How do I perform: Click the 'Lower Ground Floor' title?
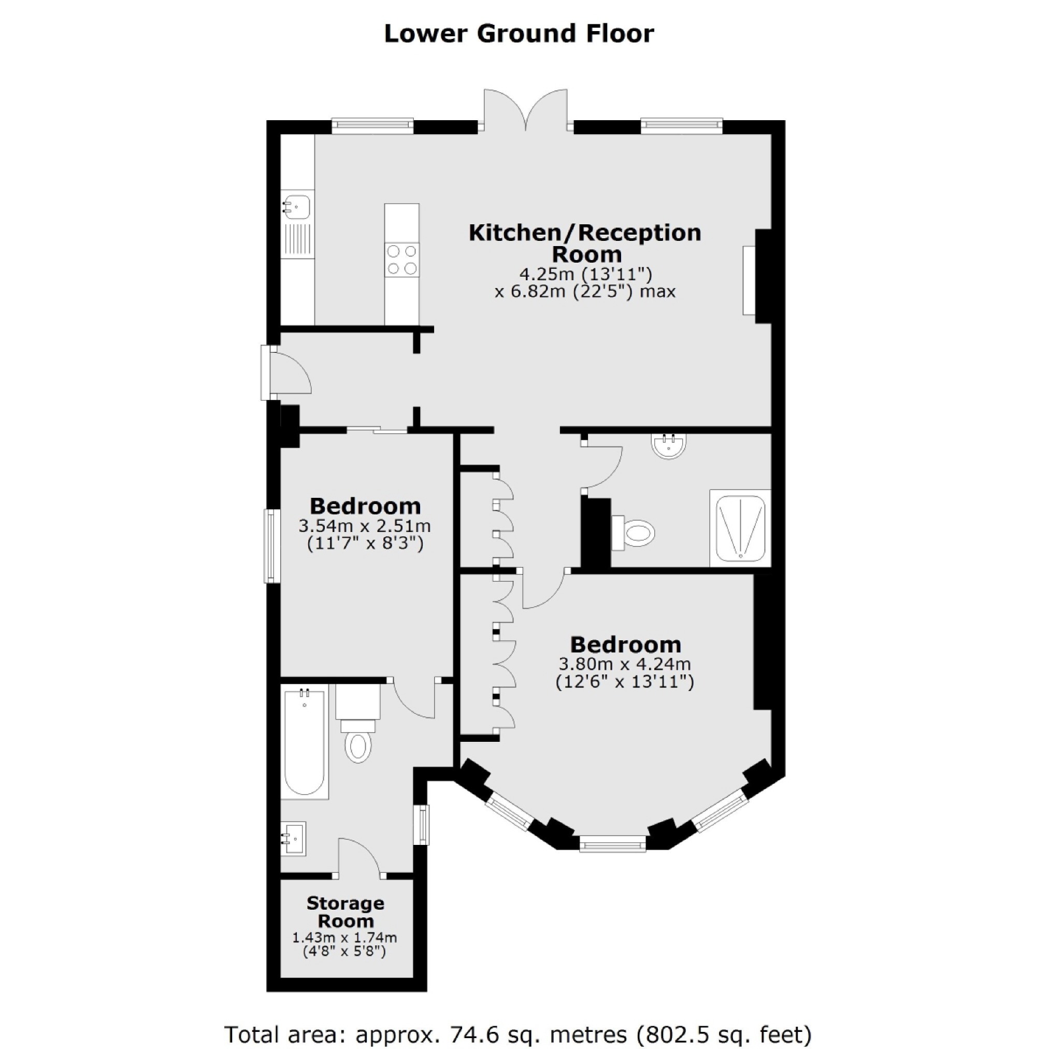[519, 34]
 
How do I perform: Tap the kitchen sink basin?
[296, 207]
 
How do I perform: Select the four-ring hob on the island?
[402, 260]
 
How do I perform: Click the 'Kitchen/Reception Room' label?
[585, 243]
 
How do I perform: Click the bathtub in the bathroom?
[305, 741]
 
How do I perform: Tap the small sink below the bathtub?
[293, 838]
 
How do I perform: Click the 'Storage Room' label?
[346, 912]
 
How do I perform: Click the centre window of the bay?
[612, 843]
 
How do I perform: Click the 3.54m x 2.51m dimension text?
[364, 526]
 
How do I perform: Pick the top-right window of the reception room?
[681, 126]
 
